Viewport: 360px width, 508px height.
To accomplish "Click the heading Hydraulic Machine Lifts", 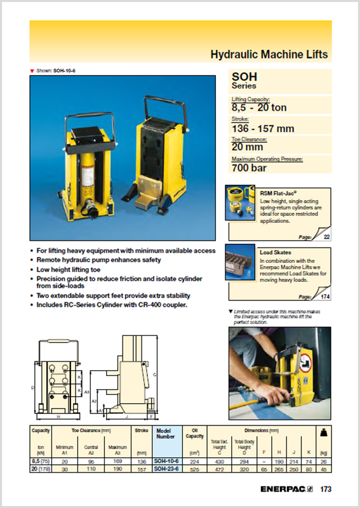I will tap(269, 55).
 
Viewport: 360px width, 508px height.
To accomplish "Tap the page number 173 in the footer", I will tap(326, 490).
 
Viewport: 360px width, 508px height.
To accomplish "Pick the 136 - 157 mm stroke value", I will tap(263, 129).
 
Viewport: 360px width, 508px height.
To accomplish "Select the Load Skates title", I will tap(276, 252).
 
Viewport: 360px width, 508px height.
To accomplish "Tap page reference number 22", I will tap(327, 236).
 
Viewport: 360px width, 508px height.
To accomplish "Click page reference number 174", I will tap(326, 297).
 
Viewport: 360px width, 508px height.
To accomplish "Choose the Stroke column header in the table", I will tap(141, 430).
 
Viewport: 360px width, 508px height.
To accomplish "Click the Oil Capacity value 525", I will tap(195, 469).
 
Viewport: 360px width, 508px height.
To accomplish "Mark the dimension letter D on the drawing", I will tap(32, 386).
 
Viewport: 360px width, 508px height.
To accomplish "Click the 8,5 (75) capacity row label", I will tap(41, 461).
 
